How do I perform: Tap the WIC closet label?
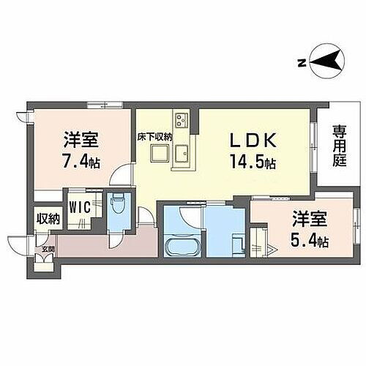pos(80,207)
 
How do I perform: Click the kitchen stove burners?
pos(181,119)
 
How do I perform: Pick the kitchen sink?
pos(181,154)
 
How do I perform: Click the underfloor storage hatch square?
pos(157,152)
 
